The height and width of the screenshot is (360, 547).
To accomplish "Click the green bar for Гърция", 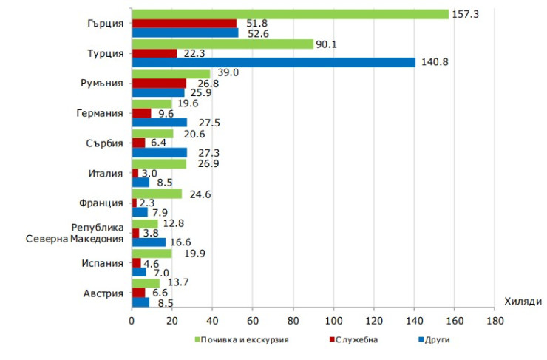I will click(290, 14).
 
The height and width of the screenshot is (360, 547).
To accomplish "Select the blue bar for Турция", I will click(273, 62).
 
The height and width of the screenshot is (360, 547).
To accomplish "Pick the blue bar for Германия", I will click(159, 122).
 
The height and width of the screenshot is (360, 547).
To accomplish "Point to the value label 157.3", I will click(464, 14).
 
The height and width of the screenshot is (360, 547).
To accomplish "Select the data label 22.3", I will click(193, 52).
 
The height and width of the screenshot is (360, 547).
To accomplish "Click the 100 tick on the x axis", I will click(333, 321).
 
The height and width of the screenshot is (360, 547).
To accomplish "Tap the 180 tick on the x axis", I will click(495, 321).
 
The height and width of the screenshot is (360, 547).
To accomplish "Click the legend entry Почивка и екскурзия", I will click(241, 339).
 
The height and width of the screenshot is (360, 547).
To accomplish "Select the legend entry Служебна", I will click(354, 339).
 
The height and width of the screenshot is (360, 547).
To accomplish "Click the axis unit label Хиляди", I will click(524, 301).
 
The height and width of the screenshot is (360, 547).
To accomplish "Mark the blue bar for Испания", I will click(138, 271).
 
